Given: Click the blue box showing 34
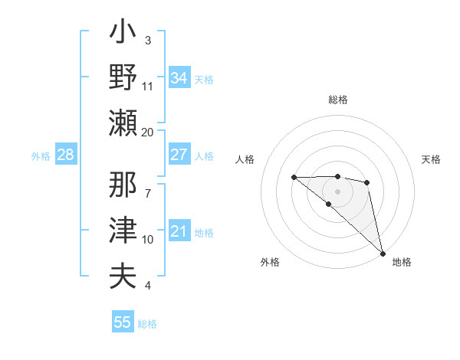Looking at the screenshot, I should (179, 78).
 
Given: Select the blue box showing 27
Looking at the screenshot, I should (179, 155).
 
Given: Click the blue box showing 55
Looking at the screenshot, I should (122, 322).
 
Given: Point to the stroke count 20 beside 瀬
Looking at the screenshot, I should (148, 132).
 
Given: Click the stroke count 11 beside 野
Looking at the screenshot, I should (148, 86).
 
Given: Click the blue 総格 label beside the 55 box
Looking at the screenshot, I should (147, 324).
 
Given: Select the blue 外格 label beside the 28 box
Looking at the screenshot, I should (41, 156).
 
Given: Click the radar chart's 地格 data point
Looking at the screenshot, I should (383, 253).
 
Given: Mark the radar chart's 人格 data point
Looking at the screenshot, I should (294, 178).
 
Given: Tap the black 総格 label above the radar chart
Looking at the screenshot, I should (337, 100).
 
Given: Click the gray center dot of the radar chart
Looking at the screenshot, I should (337, 191).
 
